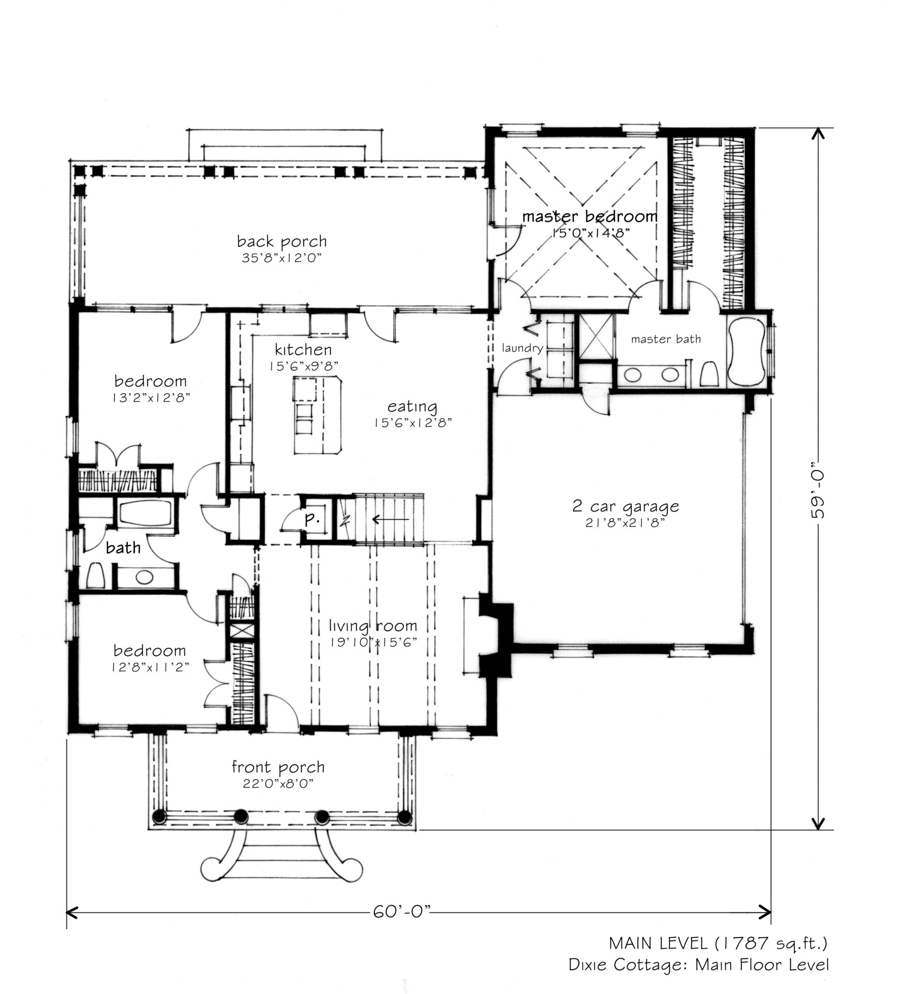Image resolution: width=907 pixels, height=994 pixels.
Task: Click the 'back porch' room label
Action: coord(282,241)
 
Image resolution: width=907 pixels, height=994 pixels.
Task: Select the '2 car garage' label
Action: coord(626,506)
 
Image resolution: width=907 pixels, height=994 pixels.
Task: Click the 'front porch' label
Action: coord(278,767)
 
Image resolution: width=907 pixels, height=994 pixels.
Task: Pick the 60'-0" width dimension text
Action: coord(402,910)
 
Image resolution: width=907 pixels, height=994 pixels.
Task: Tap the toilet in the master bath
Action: coord(708,374)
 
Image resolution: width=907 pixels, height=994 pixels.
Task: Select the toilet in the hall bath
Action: coord(95,575)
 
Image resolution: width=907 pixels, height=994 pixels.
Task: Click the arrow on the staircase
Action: coord(391,519)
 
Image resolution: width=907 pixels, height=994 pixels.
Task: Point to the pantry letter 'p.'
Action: coord(312,519)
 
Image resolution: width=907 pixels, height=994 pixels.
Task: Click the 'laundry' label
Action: coord(522,348)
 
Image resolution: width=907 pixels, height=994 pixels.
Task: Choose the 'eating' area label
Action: coord(412,406)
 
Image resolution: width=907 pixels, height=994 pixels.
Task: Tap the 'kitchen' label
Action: coord(303,349)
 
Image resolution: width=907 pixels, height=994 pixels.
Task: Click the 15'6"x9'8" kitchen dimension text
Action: coord(303,366)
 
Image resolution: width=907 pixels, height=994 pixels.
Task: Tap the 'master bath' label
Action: coord(666,339)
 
